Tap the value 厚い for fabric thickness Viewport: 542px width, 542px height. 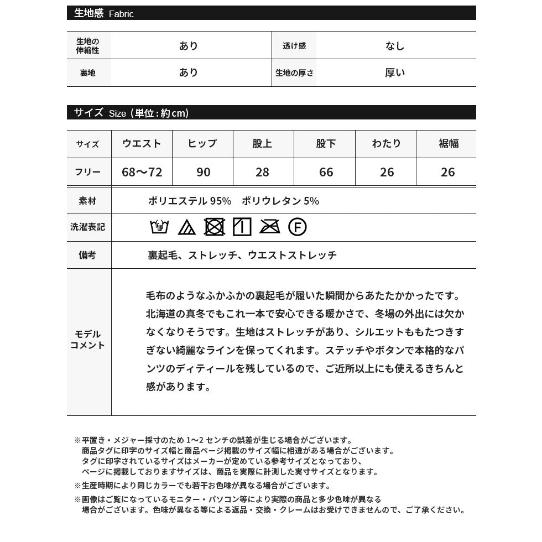tap(395, 72)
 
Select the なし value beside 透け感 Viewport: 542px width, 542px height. tap(395, 46)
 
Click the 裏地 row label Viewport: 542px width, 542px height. tap(88, 72)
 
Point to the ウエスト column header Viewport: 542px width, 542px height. tap(142, 144)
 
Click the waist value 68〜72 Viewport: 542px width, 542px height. tap(142, 172)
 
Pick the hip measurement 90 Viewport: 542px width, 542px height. tap(203, 172)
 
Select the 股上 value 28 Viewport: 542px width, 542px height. tap(262, 172)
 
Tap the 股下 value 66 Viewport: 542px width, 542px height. tap(326, 172)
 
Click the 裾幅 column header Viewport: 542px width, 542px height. tap(448, 144)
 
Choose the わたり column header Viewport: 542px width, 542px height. tap(387, 144)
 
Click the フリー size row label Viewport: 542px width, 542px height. tap(88, 172)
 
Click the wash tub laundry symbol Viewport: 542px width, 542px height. tap(159, 227)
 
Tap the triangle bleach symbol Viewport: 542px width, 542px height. tap(187, 227)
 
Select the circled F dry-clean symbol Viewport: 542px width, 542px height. tap(297, 227)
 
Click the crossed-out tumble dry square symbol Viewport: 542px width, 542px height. tap(214, 227)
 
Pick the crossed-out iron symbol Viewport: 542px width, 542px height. tap(269, 227)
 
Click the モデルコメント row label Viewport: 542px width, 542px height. tap(88, 340)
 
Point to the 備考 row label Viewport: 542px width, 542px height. tap(88, 255)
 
